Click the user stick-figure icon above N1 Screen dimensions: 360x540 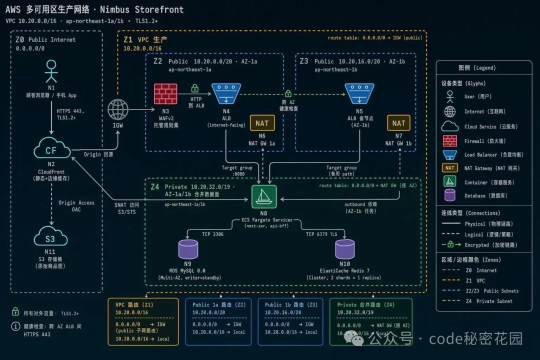(50, 71)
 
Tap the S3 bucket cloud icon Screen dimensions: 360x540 (50, 238)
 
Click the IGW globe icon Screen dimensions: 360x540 (118, 108)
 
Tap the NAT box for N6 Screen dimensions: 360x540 (262, 123)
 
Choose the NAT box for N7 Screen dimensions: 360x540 (399, 123)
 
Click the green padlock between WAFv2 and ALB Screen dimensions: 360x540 (195, 88)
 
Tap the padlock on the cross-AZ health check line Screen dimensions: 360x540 (288, 93)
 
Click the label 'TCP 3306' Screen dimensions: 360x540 (212, 234)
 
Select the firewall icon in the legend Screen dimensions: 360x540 (450, 141)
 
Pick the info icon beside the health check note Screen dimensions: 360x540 (15, 326)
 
